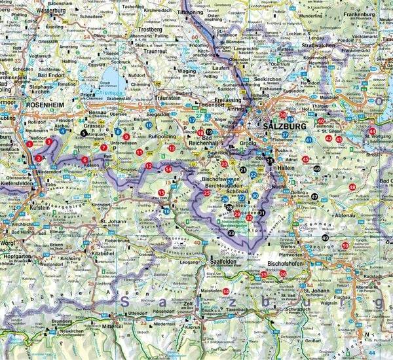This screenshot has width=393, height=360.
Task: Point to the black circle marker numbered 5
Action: [83, 133]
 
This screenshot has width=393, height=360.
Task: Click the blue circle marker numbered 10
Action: [149, 125]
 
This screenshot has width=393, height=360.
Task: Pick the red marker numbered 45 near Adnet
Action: [306, 159]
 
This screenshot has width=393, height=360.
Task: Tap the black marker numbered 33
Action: [231, 224]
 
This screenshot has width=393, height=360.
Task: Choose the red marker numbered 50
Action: [345, 245]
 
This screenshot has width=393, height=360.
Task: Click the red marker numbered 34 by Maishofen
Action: [226, 291]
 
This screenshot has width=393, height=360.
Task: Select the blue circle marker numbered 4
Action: [62, 131]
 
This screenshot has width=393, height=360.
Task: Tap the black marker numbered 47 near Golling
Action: [314, 196]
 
